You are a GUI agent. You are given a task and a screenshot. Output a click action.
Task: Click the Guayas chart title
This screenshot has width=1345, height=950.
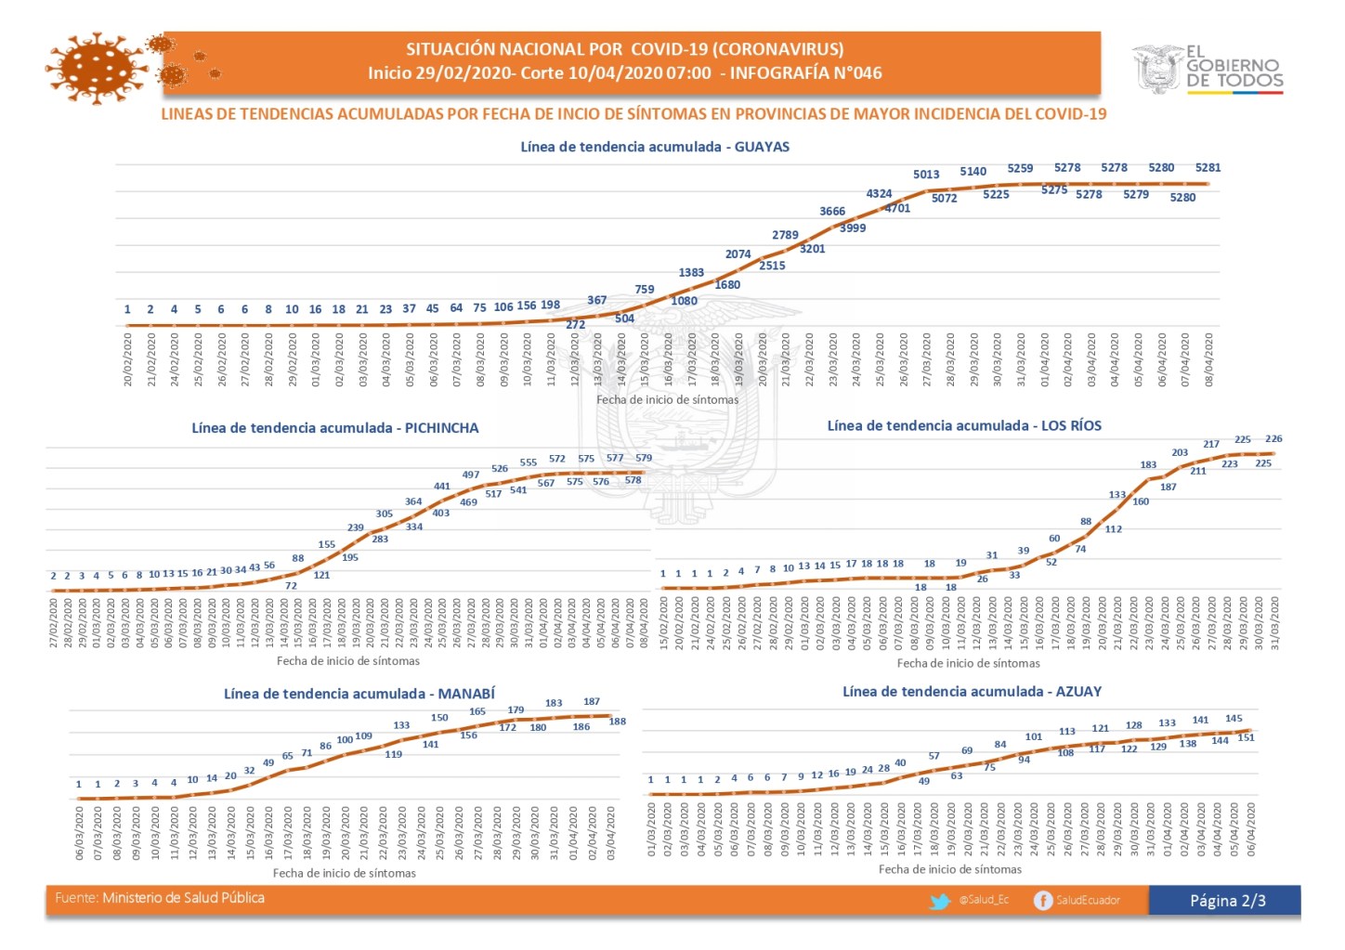tap(655, 147)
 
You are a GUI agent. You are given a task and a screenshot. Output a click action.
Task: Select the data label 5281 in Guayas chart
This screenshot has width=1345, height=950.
tap(1208, 168)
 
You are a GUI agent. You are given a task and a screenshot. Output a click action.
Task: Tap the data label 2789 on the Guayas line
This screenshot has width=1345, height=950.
tap(785, 235)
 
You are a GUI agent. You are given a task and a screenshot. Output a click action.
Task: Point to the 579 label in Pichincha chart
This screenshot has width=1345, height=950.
tap(644, 458)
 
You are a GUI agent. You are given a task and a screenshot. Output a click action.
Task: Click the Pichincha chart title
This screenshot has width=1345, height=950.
tap(335, 428)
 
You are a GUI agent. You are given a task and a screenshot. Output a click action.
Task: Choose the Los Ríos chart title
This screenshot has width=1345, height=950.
tap(964, 426)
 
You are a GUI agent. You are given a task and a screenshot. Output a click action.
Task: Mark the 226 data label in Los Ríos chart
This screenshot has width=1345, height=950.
tap(1273, 439)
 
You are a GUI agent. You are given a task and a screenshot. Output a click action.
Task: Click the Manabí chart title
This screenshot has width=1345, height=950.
tap(359, 694)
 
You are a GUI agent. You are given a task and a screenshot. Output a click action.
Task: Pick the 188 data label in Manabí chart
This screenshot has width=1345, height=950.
tap(617, 722)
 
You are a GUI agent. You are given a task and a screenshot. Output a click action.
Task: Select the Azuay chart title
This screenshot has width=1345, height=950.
tap(972, 692)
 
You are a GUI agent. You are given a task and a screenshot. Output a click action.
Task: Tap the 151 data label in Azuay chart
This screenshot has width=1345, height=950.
tap(1247, 738)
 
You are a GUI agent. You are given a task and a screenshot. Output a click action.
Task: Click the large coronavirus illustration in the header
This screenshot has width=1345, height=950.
tap(98, 68)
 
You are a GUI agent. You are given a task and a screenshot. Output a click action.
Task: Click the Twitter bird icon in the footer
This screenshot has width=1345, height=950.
tap(940, 901)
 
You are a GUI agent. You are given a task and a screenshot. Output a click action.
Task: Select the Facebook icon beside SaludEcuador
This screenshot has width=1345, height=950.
tap(1042, 901)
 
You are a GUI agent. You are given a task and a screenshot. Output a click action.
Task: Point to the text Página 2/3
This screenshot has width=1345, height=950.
tap(1227, 901)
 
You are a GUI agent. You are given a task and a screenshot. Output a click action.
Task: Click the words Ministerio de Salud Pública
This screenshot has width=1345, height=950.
tap(183, 898)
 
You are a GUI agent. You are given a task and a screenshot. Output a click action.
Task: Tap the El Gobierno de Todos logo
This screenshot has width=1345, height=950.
tap(1207, 69)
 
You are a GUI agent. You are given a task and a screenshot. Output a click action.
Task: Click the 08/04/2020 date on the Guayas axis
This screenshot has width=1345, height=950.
tap(1208, 360)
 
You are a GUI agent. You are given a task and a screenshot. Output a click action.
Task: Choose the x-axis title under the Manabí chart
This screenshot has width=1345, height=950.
tap(344, 874)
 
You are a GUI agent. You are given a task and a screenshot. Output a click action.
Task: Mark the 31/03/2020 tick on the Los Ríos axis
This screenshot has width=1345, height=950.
tap(1274, 623)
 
